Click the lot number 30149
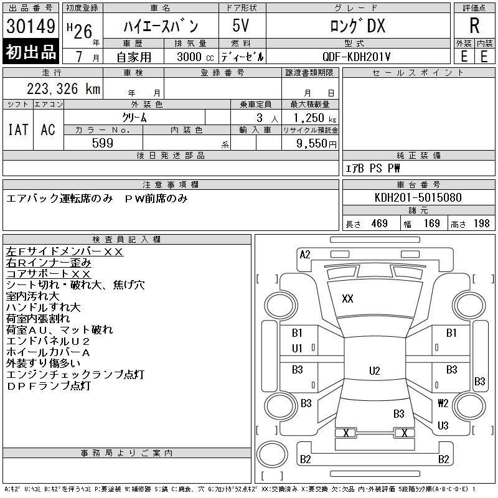click(31, 27)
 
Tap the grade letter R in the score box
click(474, 26)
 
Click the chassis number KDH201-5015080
click(418, 197)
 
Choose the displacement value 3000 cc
click(189, 57)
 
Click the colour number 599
click(102, 143)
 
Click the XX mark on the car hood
click(347, 299)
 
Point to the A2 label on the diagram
click(305, 254)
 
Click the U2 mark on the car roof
click(374, 371)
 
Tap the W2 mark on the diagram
click(443, 403)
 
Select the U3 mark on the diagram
click(443, 426)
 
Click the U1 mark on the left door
click(298, 349)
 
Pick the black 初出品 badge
click(31, 52)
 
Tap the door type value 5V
click(242, 26)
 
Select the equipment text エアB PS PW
click(374, 168)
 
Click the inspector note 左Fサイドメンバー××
click(65, 251)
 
